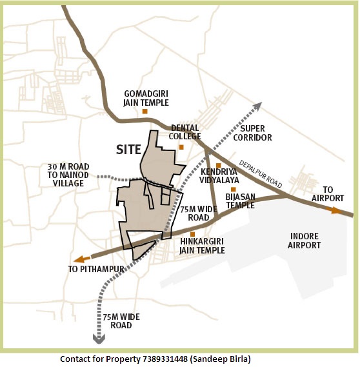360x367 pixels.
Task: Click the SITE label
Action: point(128,149)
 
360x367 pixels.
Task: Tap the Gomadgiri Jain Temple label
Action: point(146,98)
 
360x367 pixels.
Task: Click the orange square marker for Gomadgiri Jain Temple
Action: point(145,112)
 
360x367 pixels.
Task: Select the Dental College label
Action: point(185,132)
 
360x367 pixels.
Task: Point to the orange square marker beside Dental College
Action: point(181,147)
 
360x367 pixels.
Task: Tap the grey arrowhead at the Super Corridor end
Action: point(257,106)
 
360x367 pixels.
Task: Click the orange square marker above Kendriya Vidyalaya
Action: point(219,166)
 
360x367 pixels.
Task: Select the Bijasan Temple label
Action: point(240,201)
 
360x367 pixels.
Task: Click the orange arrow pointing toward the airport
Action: point(335,210)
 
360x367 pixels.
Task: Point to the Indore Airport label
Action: point(305,241)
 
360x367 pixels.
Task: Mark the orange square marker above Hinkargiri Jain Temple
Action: point(193,233)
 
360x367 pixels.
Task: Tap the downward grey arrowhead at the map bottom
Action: point(99,337)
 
